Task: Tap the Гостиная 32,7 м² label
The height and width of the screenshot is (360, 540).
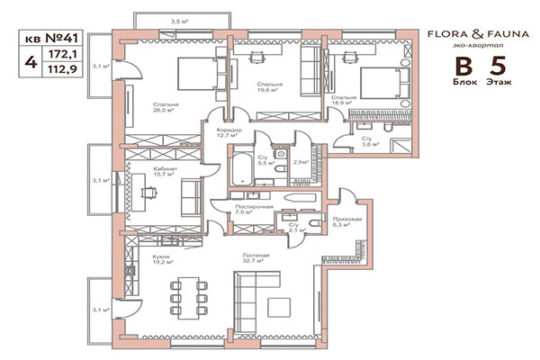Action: point(256,260)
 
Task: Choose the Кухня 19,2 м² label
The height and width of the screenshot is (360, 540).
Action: point(137,260)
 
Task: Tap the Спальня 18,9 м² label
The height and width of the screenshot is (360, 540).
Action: point(343,100)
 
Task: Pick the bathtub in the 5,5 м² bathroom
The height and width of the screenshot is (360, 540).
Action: point(241,169)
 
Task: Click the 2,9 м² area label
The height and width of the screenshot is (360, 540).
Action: point(301,163)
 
